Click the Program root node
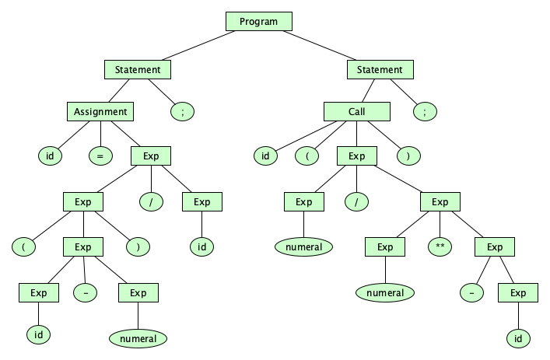click(258, 22)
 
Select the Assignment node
click(100, 111)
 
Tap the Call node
click(356, 111)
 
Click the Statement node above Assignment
click(137, 69)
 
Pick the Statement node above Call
click(380, 69)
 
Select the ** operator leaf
click(440, 247)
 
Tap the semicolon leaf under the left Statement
click(182, 111)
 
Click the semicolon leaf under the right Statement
click(425, 111)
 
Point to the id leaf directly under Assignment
click(50, 156)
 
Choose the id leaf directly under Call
click(265, 156)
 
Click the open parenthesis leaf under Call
click(307, 156)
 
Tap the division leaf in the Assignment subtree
click(150, 202)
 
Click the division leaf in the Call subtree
click(356, 202)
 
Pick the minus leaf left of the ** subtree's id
click(470, 293)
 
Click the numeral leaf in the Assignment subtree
click(138, 338)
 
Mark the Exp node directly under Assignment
click(150, 156)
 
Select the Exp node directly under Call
click(356, 156)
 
